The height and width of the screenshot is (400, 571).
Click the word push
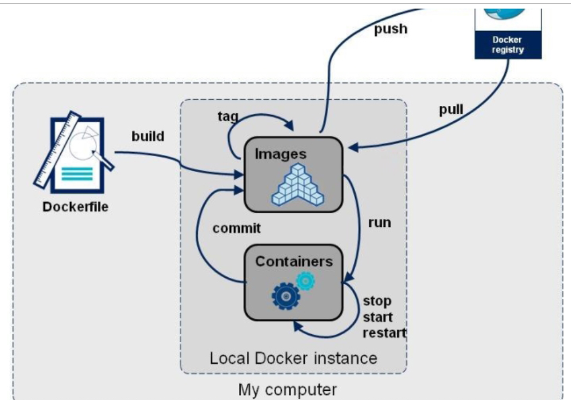[391, 29]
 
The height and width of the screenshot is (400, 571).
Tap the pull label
[451, 109]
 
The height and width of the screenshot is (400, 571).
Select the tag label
[228, 117]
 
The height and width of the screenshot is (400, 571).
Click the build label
[148, 136]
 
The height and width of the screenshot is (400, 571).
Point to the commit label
[237, 228]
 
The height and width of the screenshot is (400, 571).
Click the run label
[379, 223]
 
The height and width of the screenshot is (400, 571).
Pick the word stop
[377, 301]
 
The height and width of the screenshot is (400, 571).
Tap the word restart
[384, 332]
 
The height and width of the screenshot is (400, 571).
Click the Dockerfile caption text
[76, 207]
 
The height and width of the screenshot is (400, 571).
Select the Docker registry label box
[508, 45]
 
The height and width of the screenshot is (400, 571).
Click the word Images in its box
[280, 154]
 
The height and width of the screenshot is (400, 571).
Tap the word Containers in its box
[294, 261]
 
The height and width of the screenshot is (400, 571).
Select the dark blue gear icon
[286, 296]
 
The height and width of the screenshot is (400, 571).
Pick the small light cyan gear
[306, 281]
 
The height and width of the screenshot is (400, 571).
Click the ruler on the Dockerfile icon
[57, 150]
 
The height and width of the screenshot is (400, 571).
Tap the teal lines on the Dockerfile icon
[77, 174]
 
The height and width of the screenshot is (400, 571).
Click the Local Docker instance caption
[293, 358]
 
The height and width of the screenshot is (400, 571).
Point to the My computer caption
[287, 389]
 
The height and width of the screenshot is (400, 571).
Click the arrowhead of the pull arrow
[353, 148]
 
